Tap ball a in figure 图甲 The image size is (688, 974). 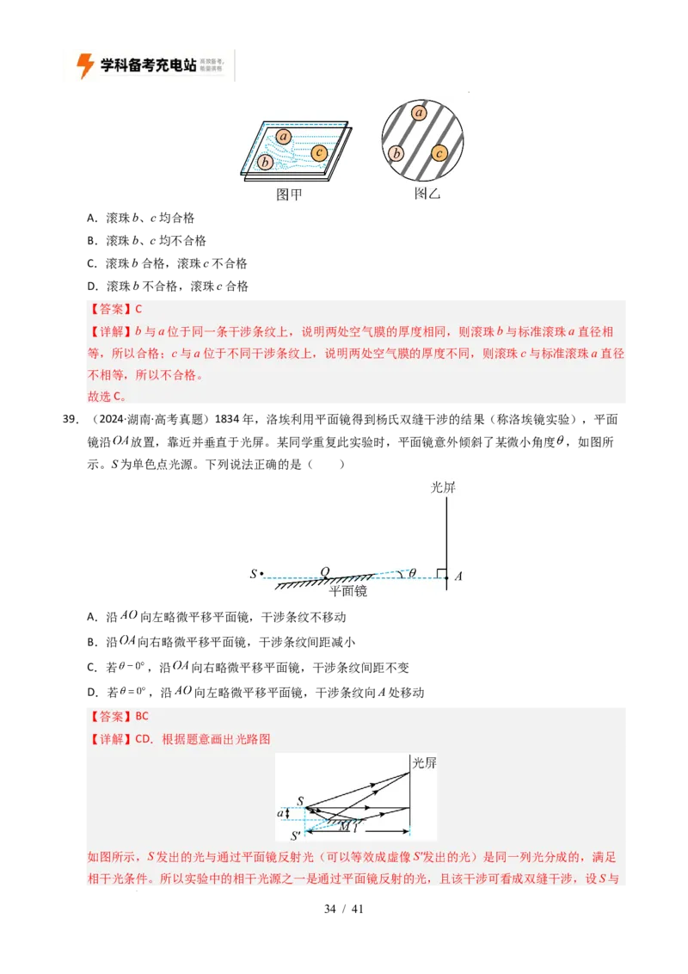pyautogui.click(x=285, y=136)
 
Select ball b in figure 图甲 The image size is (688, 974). pyautogui.click(x=266, y=162)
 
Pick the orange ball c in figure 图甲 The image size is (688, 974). pyautogui.click(x=319, y=153)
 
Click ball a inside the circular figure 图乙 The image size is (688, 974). pyautogui.click(x=420, y=113)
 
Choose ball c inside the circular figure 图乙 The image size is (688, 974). pyautogui.click(x=439, y=153)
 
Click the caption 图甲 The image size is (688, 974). pyautogui.click(x=289, y=195)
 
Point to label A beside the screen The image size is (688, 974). pyautogui.click(x=458, y=576)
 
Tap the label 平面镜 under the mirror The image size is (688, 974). pyautogui.click(x=348, y=593)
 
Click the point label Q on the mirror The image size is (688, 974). pyautogui.click(x=324, y=571)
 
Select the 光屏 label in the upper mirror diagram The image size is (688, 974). pyautogui.click(x=443, y=487)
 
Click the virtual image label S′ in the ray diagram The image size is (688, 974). pyautogui.click(x=296, y=835)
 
